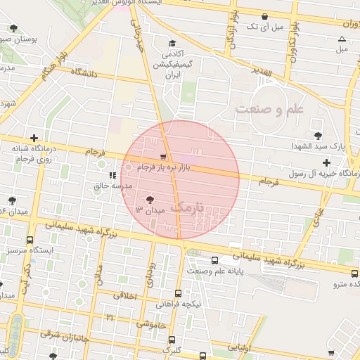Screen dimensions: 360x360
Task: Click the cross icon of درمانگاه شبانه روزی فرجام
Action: point(33,138)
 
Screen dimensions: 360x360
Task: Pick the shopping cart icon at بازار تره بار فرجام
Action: point(163,157)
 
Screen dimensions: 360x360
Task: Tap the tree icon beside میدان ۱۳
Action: point(150,199)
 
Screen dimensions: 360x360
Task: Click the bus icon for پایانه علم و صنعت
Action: point(203,259)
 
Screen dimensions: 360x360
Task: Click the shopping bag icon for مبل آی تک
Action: point(264,16)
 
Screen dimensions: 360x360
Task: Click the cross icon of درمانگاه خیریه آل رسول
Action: point(326,163)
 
